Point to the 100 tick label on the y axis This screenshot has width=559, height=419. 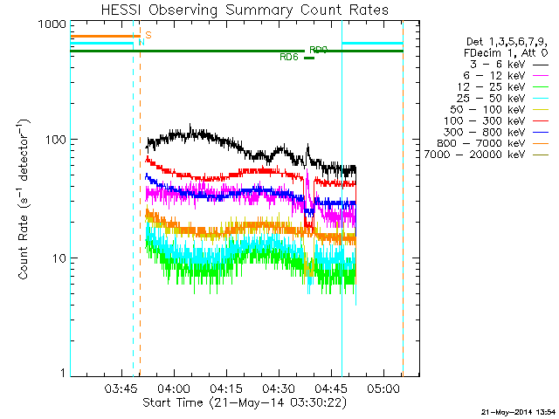(56, 140)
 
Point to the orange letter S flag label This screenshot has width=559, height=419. (148, 35)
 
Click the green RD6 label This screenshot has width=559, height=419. (289, 58)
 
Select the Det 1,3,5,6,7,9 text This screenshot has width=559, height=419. (505, 42)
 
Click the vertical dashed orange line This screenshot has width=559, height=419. (140, 218)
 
